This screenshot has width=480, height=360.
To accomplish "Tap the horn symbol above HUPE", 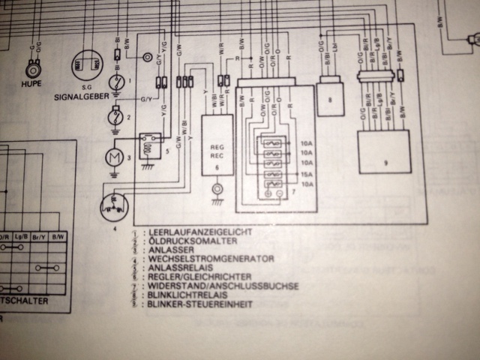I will (x=32, y=70).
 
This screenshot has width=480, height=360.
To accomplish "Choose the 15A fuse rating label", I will (x=307, y=174).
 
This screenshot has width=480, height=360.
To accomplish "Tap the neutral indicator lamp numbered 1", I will (x=117, y=82).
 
